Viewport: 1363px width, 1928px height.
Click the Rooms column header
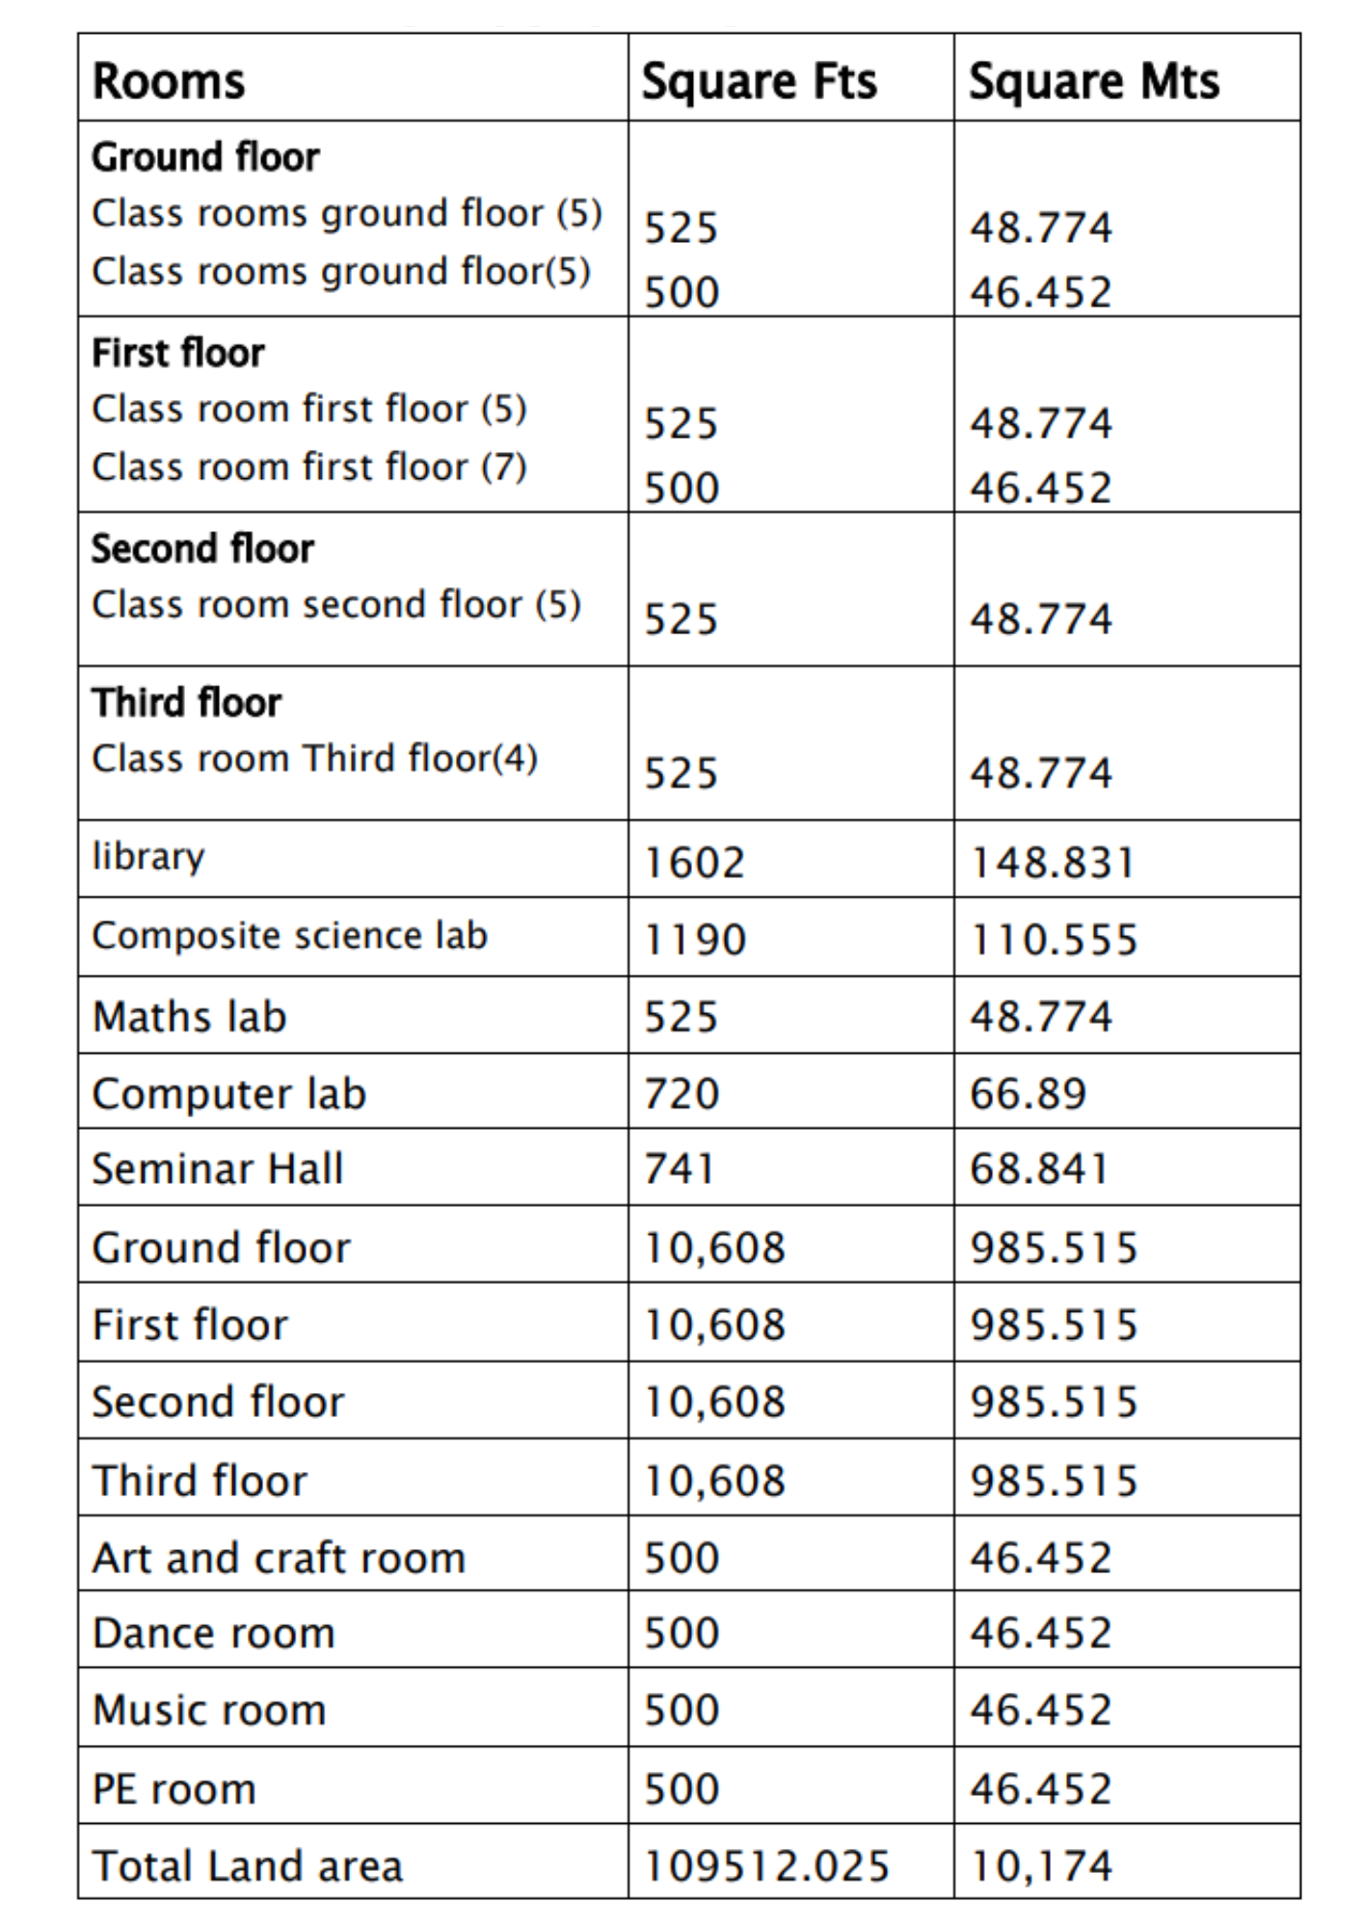coord(169,81)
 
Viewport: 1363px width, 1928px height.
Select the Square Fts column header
coord(760,81)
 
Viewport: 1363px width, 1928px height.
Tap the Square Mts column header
coord(1094,81)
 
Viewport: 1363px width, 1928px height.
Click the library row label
coord(148,857)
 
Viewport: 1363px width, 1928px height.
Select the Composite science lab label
coord(289,936)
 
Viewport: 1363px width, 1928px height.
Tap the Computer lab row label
coord(229,1094)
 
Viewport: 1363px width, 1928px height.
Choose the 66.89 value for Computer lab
coord(1028,1094)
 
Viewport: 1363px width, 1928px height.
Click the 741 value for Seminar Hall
coord(679,1169)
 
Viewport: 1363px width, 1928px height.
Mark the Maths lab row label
coord(190,1017)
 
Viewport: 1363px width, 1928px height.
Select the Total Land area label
coord(247,1866)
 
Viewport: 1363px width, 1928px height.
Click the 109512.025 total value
coord(765,1866)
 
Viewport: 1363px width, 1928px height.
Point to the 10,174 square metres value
coord(1041,1866)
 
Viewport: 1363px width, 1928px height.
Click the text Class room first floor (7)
coord(309,468)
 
